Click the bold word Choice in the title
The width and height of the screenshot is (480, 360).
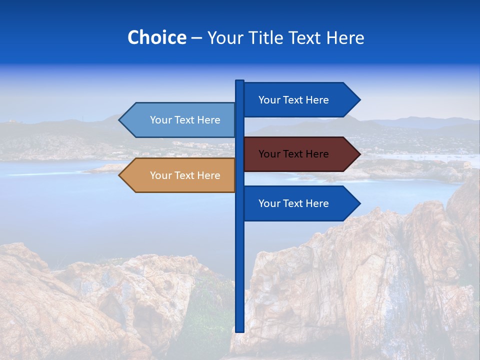pyautogui.click(x=156, y=37)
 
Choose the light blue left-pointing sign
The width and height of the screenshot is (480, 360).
pyautogui.click(x=180, y=120)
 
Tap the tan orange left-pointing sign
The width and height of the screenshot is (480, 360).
pyautogui.click(x=180, y=175)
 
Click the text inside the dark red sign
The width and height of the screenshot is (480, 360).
pyautogui.click(x=293, y=154)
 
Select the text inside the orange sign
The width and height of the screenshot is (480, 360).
pyautogui.click(x=185, y=175)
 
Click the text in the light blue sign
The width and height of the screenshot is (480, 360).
pyautogui.click(x=185, y=120)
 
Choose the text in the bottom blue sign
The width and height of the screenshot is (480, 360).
pyautogui.click(x=293, y=203)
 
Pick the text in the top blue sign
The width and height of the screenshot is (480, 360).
pyautogui.click(x=293, y=100)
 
